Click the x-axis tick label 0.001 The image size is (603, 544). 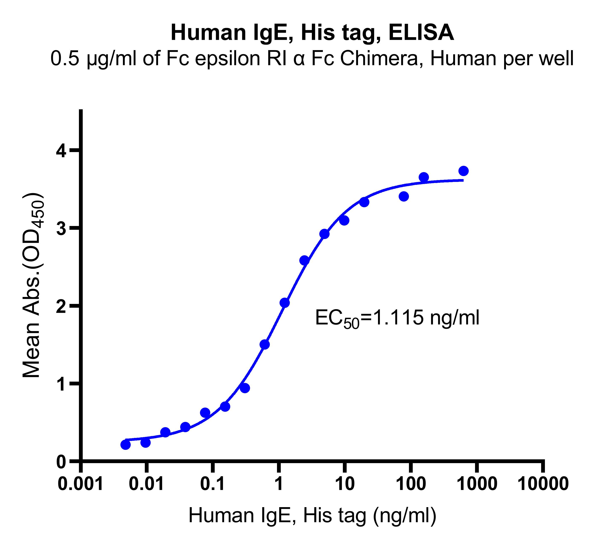80,484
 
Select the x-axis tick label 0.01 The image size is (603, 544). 146,484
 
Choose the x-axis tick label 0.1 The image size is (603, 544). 212,484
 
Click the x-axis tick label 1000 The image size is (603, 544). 477,484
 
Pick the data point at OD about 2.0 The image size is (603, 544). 285,303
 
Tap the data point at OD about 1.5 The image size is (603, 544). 265,345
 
